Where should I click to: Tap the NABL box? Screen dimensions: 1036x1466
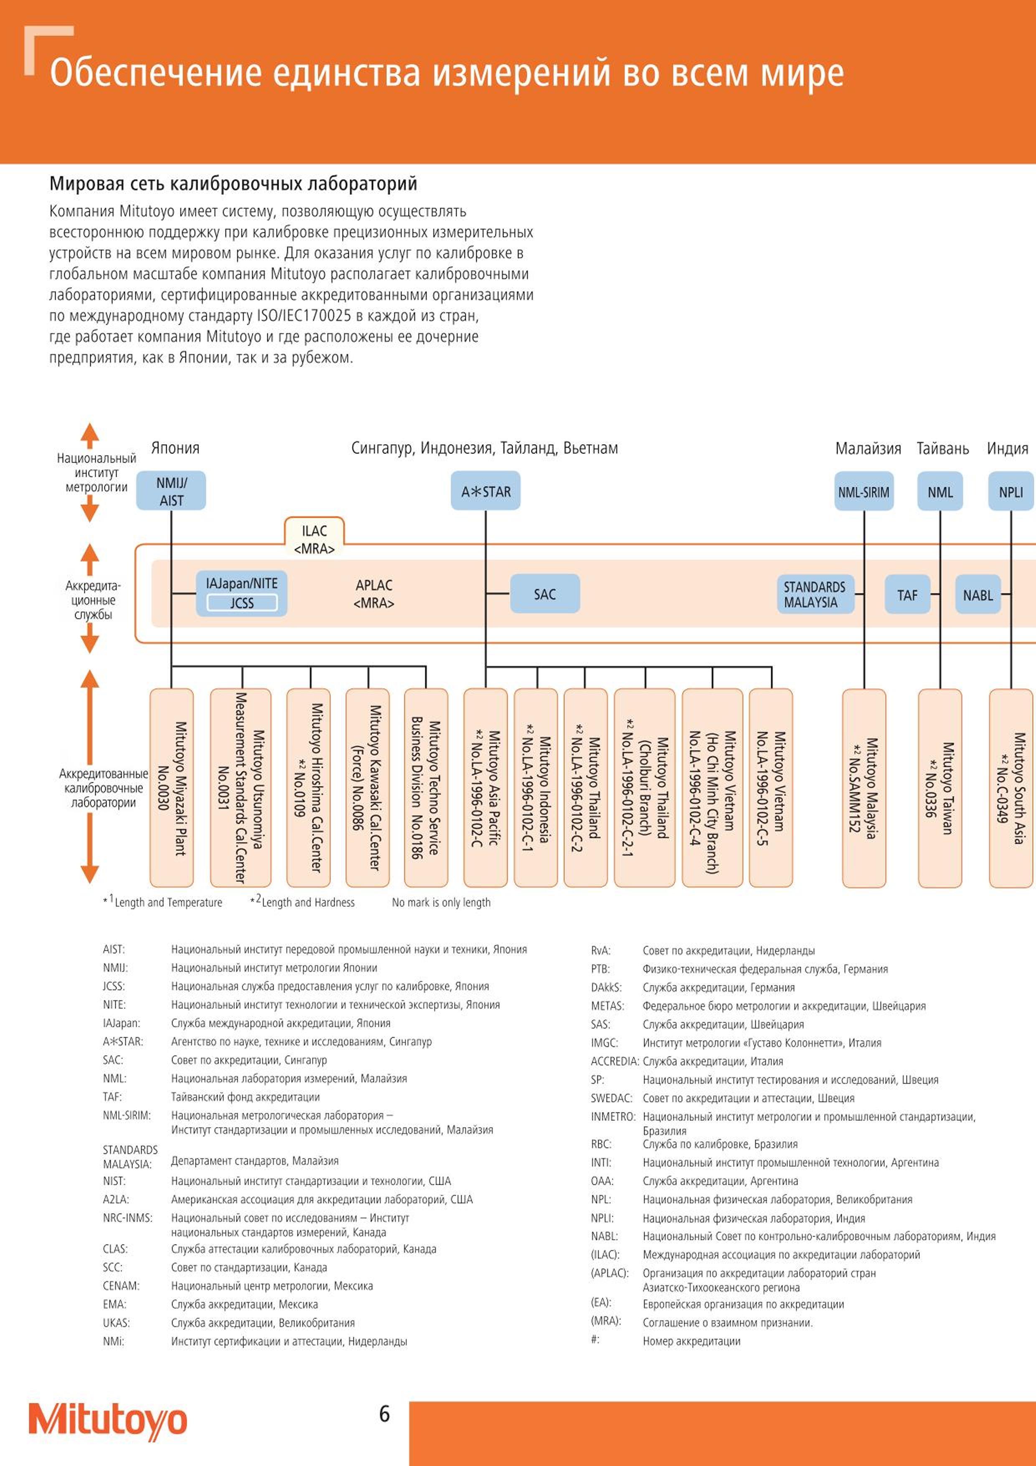click(978, 594)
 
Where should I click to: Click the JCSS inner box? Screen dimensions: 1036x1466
click(242, 603)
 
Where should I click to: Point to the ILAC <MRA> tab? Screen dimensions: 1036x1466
click(314, 538)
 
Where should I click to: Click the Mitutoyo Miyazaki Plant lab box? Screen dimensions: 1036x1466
click(172, 788)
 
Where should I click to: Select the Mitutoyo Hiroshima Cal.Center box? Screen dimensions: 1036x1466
click(308, 788)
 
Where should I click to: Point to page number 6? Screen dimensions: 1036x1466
click(384, 1414)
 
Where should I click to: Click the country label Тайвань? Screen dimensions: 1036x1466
click(943, 448)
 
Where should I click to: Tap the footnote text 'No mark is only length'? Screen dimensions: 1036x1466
click(441, 902)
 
